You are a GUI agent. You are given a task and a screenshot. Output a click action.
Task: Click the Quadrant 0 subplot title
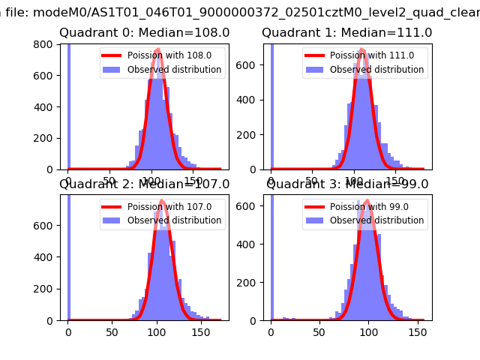[x=144, y=33]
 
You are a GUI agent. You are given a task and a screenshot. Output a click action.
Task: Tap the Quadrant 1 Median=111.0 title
[x=346, y=33]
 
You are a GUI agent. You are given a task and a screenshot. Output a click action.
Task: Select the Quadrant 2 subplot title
[x=144, y=184]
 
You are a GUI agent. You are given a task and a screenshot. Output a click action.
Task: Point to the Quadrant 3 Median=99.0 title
[x=346, y=184]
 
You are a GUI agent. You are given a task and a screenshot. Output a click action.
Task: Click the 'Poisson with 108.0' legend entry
[x=161, y=55]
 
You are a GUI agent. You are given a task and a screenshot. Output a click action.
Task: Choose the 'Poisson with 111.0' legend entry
[x=364, y=55]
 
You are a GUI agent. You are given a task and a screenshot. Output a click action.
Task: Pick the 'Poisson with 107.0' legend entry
[x=161, y=207]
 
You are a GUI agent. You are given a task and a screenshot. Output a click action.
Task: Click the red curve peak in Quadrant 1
[x=363, y=50]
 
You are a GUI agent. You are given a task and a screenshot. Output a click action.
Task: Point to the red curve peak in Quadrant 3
[x=366, y=201]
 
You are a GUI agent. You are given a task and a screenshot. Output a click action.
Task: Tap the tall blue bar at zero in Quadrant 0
[x=69, y=105]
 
